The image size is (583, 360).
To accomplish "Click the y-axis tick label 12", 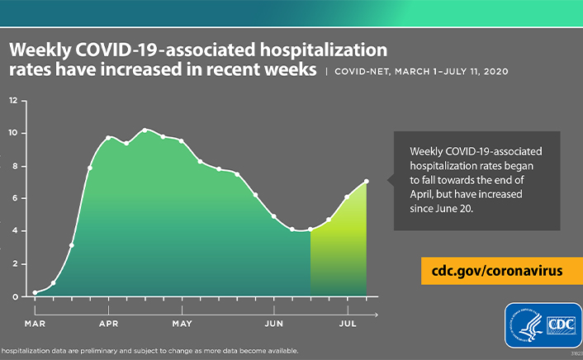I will pos(13,101).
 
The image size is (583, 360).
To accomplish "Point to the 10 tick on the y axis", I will pos(13,133).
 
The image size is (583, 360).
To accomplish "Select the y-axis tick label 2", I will pos(14,263).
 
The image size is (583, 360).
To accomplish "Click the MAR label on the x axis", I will pos(35,323).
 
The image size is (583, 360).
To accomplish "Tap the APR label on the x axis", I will pos(108,323).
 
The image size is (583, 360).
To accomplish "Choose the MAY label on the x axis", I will pos(182,323).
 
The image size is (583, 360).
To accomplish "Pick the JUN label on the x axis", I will pos(273,323).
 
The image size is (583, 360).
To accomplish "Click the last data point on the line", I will pos(366,182).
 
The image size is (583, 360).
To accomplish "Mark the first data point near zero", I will pos(35,292).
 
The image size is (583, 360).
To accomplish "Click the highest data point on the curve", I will pos(145,130).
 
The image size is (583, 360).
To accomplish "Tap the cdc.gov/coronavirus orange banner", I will pos(496,271).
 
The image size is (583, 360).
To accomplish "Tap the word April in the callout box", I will pos(424,195).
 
